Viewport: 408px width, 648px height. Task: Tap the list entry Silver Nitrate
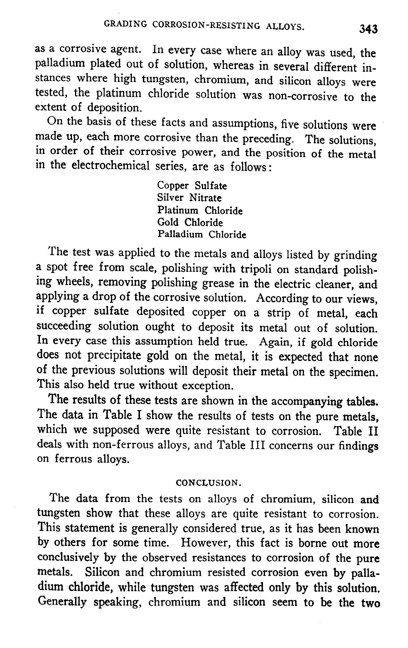[189, 198]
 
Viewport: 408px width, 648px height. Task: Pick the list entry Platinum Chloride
[200, 210]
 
